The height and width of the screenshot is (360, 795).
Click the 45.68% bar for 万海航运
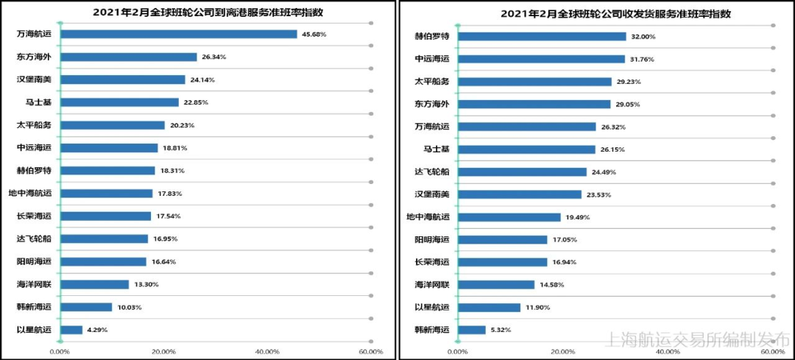(178, 34)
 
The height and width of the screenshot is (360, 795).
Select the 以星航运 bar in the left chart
(71, 330)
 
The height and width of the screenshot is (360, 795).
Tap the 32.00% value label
(643, 36)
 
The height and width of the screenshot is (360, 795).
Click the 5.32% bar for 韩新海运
(472, 330)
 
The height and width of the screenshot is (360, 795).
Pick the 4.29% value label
(97, 330)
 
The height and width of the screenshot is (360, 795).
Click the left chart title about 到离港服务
(198, 13)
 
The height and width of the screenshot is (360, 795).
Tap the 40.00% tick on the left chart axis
(267, 352)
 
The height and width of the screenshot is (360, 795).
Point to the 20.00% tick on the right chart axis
(563, 352)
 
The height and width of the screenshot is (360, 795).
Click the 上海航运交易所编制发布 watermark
(696, 339)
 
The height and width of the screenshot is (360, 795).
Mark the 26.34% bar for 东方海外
(128, 57)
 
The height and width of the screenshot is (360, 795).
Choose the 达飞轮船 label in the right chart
(432, 172)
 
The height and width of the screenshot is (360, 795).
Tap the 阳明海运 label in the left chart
(34, 261)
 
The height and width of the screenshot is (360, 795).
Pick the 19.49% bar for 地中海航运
(509, 217)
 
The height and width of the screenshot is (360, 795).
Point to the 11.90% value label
(537, 307)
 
